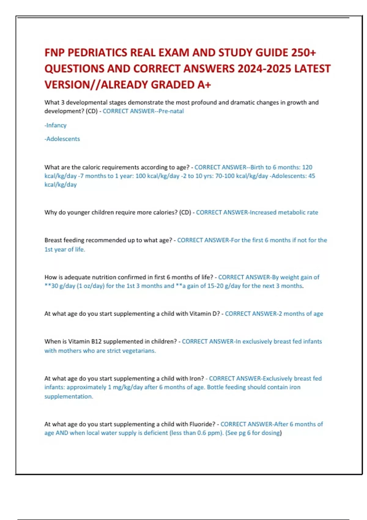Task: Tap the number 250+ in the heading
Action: pyautogui.click(x=303, y=53)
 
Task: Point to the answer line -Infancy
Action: pyautogui.click(x=55, y=125)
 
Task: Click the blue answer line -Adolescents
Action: pyautogui.click(x=62, y=139)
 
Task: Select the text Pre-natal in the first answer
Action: pyautogui.click(x=171, y=111)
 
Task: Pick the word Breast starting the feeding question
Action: pyautogui.click(x=53, y=240)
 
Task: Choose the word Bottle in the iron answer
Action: pyautogui.click(x=215, y=387)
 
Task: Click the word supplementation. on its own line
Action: pyautogui.click(x=69, y=396)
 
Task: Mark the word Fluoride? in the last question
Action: pyautogui.click(x=202, y=424)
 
